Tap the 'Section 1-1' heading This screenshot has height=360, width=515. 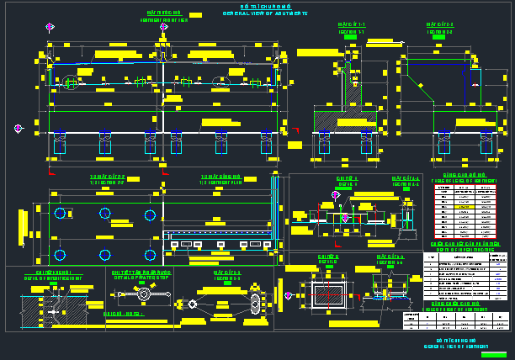352,29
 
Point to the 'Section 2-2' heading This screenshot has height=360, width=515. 439,29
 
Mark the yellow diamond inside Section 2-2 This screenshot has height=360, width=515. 475,85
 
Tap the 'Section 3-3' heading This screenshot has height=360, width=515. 227,274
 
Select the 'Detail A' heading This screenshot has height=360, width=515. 348,181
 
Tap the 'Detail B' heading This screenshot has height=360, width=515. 328,257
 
